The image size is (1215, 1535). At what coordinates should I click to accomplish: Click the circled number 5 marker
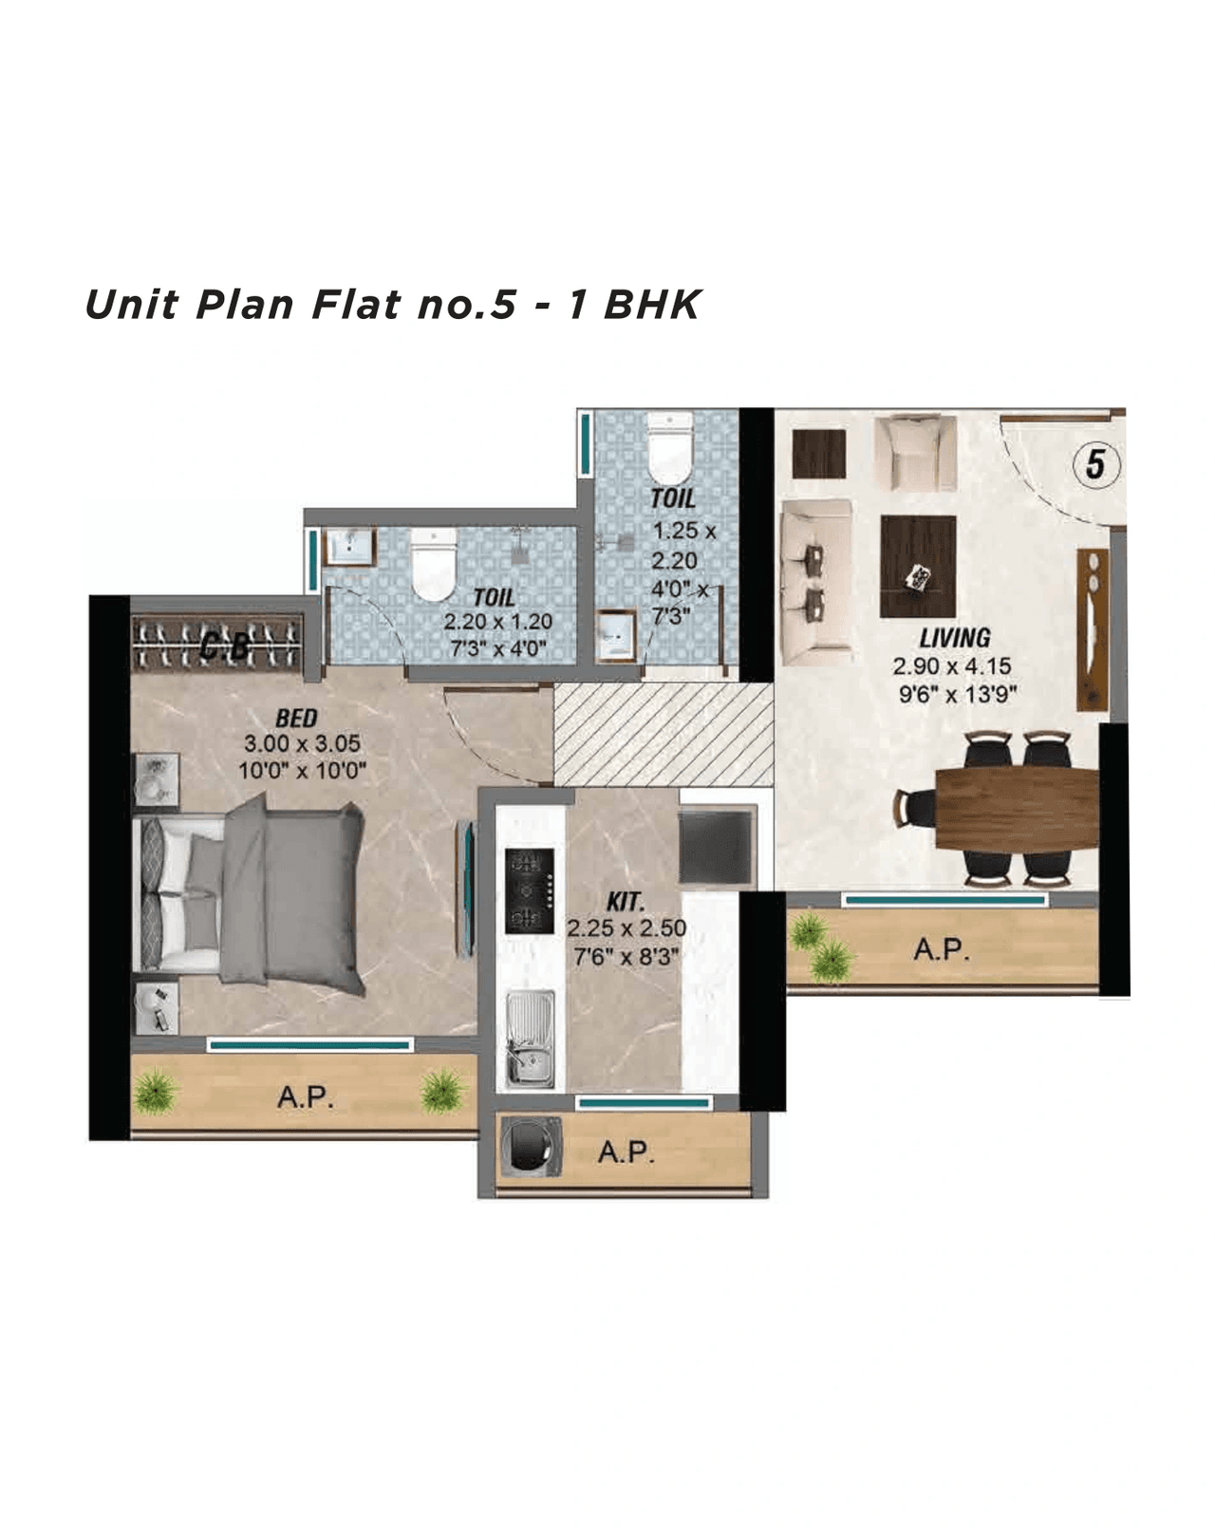[1095, 464]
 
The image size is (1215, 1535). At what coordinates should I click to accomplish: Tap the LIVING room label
[954, 638]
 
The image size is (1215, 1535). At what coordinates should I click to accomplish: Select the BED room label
[296, 719]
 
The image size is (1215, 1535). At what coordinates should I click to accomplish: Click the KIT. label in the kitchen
[625, 902]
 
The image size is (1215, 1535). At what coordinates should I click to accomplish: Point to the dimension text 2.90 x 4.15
[951, 666]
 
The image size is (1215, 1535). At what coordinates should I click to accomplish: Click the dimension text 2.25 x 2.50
[626, 928]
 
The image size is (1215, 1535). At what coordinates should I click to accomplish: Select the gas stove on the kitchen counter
[530, 890]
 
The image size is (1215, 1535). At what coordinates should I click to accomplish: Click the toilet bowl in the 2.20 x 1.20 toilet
[435, 565]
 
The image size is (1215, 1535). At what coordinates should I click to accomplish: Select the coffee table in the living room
[917, 567]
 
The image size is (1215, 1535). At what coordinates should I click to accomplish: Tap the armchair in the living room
[915, 453]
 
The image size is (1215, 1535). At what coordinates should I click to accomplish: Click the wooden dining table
[1016, 808]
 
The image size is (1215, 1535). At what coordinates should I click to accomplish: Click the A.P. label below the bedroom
[305, 1097]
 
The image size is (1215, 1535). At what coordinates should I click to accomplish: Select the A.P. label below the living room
[941, 949]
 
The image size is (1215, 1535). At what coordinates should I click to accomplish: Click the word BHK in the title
[652, 305]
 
